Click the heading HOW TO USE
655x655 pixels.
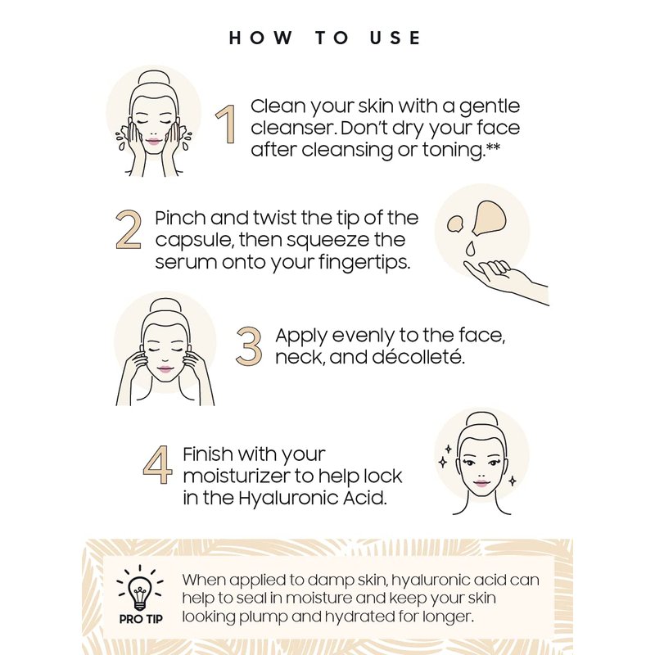(324, 38)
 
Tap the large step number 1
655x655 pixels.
(226, 124)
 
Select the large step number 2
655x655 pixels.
(129, 229)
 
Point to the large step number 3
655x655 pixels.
(249, 346)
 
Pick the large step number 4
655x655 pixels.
(157, 465)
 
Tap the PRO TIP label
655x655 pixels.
(141, 619)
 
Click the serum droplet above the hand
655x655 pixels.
(471, 248)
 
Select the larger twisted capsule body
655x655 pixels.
(489, 217)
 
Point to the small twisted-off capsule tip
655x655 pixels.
(455, 224)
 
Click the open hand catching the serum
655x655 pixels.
(505, 280)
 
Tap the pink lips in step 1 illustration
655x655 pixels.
(153, 141)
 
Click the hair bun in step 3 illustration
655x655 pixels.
(165, 307)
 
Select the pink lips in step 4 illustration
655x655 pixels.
(481, 483)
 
